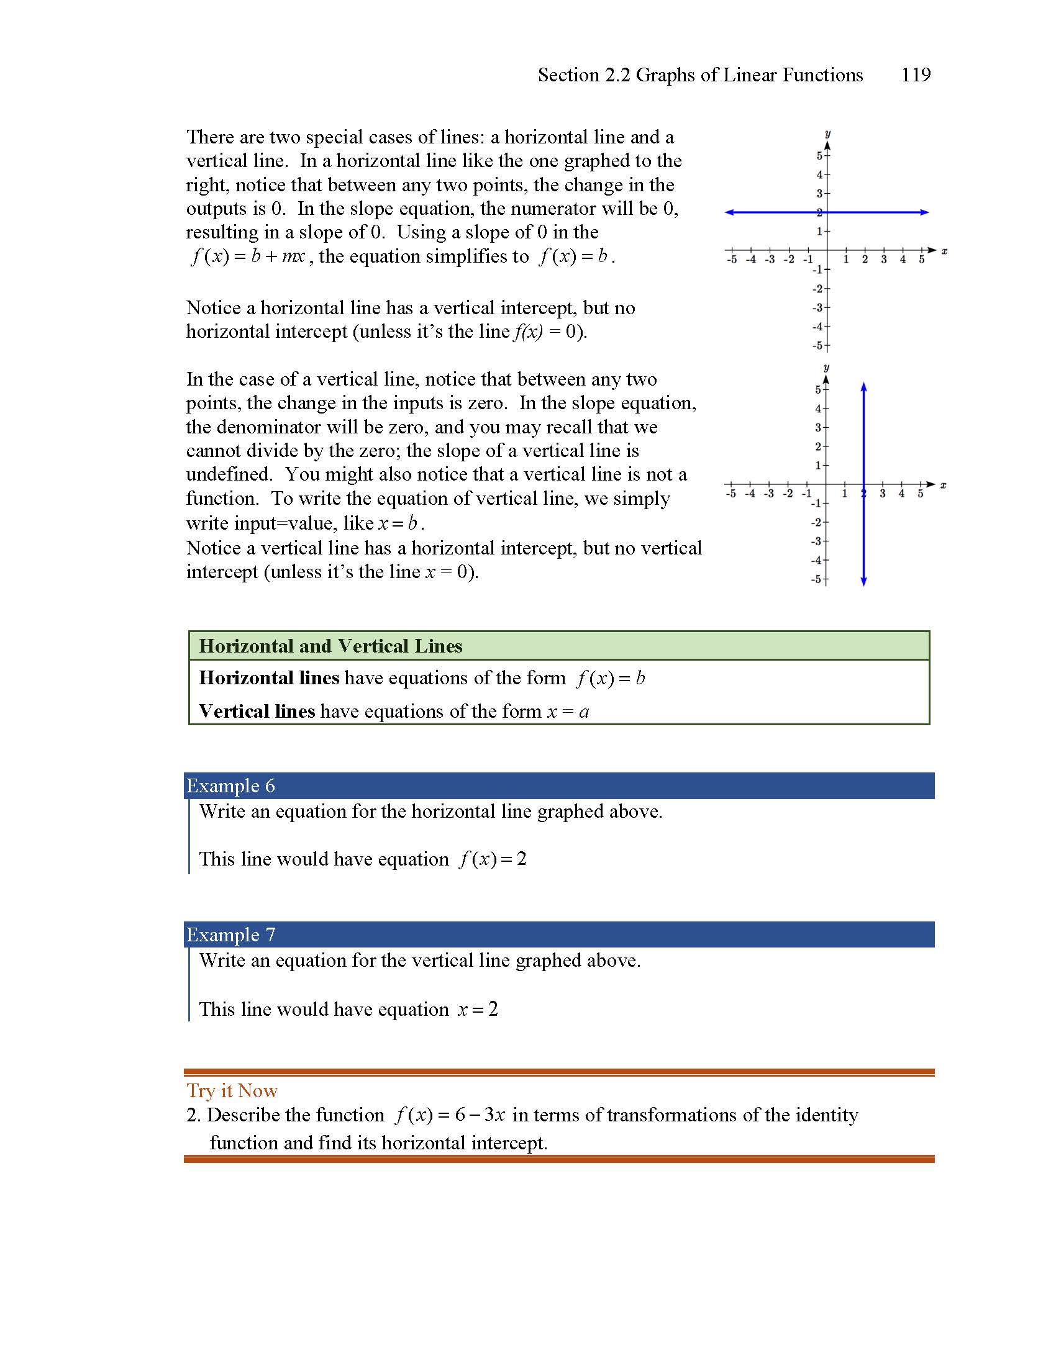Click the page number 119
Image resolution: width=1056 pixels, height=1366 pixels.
point(915,75)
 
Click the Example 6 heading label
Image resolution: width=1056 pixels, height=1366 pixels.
point(231,785)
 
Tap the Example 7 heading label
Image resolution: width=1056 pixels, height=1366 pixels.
point(231,934)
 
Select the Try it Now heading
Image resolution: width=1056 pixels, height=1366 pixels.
point(232,1090)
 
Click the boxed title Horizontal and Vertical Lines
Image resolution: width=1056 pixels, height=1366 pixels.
point(330,646)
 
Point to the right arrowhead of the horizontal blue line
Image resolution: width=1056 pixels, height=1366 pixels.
point(925,212)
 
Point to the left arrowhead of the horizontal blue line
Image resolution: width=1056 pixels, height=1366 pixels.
point(729,212)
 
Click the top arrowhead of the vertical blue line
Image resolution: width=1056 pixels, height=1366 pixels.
point(864,387)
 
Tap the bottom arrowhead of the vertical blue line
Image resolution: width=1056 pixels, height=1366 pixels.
point(864,582)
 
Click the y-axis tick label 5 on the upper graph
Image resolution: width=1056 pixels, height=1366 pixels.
point(819,156)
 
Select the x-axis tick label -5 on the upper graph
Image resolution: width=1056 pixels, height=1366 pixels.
point(731,260)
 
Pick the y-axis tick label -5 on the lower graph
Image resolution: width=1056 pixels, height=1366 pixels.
point(816,579)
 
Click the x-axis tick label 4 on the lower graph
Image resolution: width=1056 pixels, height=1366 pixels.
point(901,494)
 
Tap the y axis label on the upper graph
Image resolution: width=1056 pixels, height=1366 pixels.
point(827,134)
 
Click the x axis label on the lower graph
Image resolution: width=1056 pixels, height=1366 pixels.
point(944,486)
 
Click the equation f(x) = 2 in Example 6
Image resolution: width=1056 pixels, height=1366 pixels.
point(493,859)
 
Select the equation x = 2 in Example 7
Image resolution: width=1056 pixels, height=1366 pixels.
point(478,1009)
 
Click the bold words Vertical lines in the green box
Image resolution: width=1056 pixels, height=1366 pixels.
point(257,711)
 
